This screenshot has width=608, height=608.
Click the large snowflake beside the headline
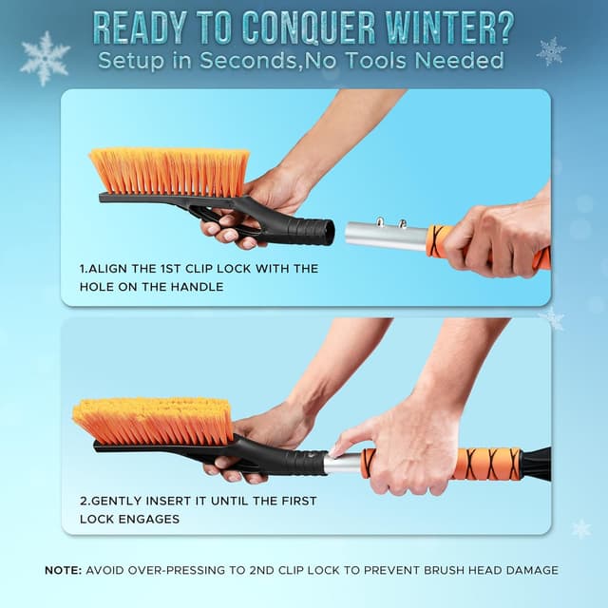coord(45,58)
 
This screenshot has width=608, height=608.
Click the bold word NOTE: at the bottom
coord(64,570)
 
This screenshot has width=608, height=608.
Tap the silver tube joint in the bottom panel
coord(343,464)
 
